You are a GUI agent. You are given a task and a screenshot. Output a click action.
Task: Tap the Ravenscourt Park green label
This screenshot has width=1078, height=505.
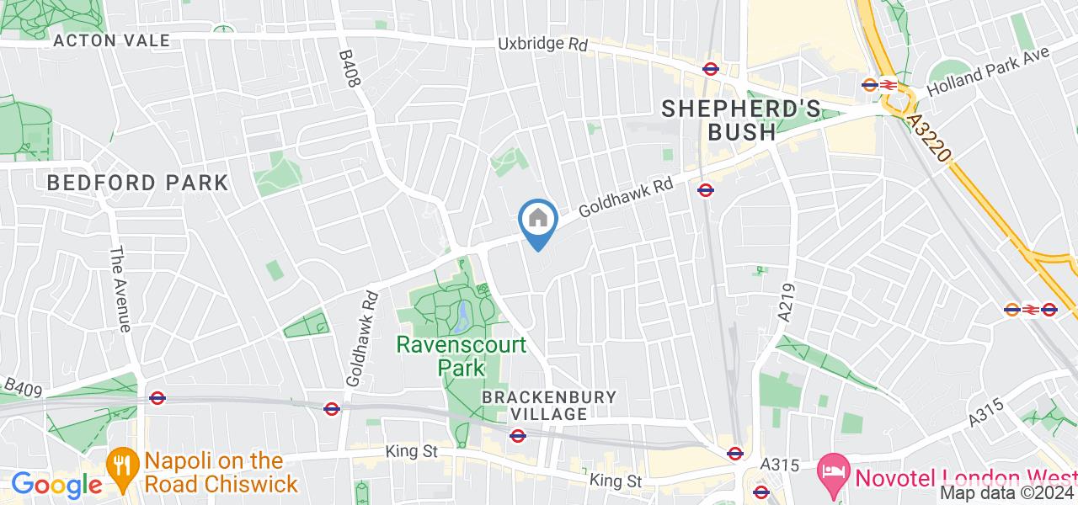tap(462, 356)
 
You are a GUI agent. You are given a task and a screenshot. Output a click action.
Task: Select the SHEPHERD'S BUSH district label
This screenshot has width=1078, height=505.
tap(740, 120)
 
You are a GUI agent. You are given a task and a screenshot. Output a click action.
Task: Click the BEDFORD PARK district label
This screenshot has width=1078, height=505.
tap(137, 183)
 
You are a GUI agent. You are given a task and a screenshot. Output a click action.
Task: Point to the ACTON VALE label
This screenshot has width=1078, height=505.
tap(111, 40)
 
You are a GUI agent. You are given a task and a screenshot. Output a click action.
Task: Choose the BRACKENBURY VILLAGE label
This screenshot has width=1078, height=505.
tap(549, 405)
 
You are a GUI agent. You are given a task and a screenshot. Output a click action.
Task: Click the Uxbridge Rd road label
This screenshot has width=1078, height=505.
tap(542, 44)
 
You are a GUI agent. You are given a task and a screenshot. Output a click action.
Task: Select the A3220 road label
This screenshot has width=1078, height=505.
tap(930, 140)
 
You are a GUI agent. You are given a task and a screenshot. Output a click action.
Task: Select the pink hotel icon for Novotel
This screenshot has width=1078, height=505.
tap(834, 468)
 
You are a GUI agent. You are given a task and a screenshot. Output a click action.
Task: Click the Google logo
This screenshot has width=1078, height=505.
tap(56, 485)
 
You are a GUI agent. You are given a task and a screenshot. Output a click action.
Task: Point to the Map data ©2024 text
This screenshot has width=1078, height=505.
tap(1007, 494)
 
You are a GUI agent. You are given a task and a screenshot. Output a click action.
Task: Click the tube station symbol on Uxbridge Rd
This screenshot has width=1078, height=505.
tap(710, 70)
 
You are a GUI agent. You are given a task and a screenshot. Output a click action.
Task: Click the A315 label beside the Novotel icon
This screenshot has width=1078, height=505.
tap(780, 464)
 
